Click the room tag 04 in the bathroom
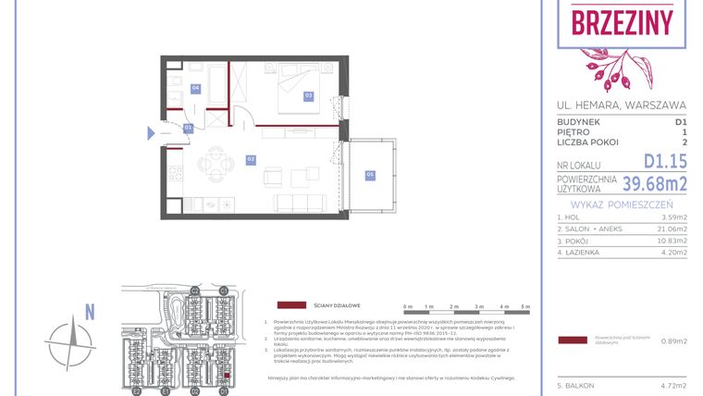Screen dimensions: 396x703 [x=195, y=89]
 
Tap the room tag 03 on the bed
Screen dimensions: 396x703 [x=308, y=95]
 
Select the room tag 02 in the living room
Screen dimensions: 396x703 [x=251, y=159]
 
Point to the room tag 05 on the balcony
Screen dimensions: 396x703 [x=369, y=174]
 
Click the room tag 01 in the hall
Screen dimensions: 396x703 [x=188, y=127]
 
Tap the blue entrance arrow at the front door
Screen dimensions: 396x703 [x=152, y=133]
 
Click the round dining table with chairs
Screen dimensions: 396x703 [x=216, y=167]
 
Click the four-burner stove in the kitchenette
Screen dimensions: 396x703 [x=175, y=172]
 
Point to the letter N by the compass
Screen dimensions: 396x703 [x=89, y=313]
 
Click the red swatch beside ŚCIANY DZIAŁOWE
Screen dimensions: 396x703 [x=292, y=304]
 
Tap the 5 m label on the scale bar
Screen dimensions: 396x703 [x=525, y=306]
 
